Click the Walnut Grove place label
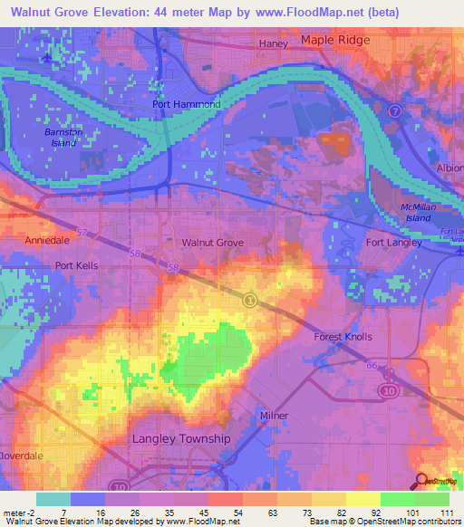pyautogui.click(x=213, y=244)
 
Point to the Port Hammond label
pyautogui.click(x=186, y=104)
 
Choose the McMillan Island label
pyautogui.click(x=419, y=213)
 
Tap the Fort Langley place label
pyautogui.click(x=393, y=243)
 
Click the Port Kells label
pyautogui.click(x=76, y=265)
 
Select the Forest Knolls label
pyautogui.click(x=343, y=337)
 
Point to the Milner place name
pyautogui.click(x=273, y=416)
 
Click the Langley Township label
pyautogui.click(x=181, y=438)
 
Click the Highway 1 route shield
pyautogui.click(x=250, y=299)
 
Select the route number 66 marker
pyautogui.click(x=371, y=365)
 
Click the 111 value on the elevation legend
pyautogui.click(x=446, y=513)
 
